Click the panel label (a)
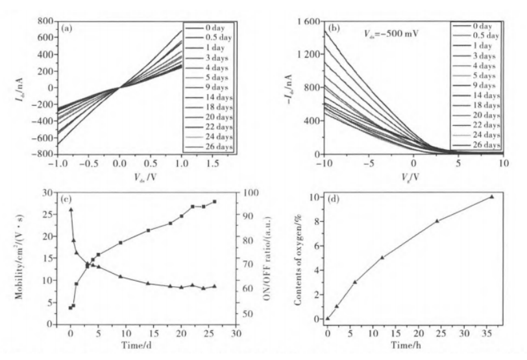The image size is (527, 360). point(67,29)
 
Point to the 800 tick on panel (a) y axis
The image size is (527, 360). point(45,21)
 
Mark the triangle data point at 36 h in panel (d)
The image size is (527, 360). point(492,197)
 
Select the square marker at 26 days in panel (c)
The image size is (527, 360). point(214,202)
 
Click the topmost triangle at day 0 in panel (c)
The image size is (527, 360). point(71,210)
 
